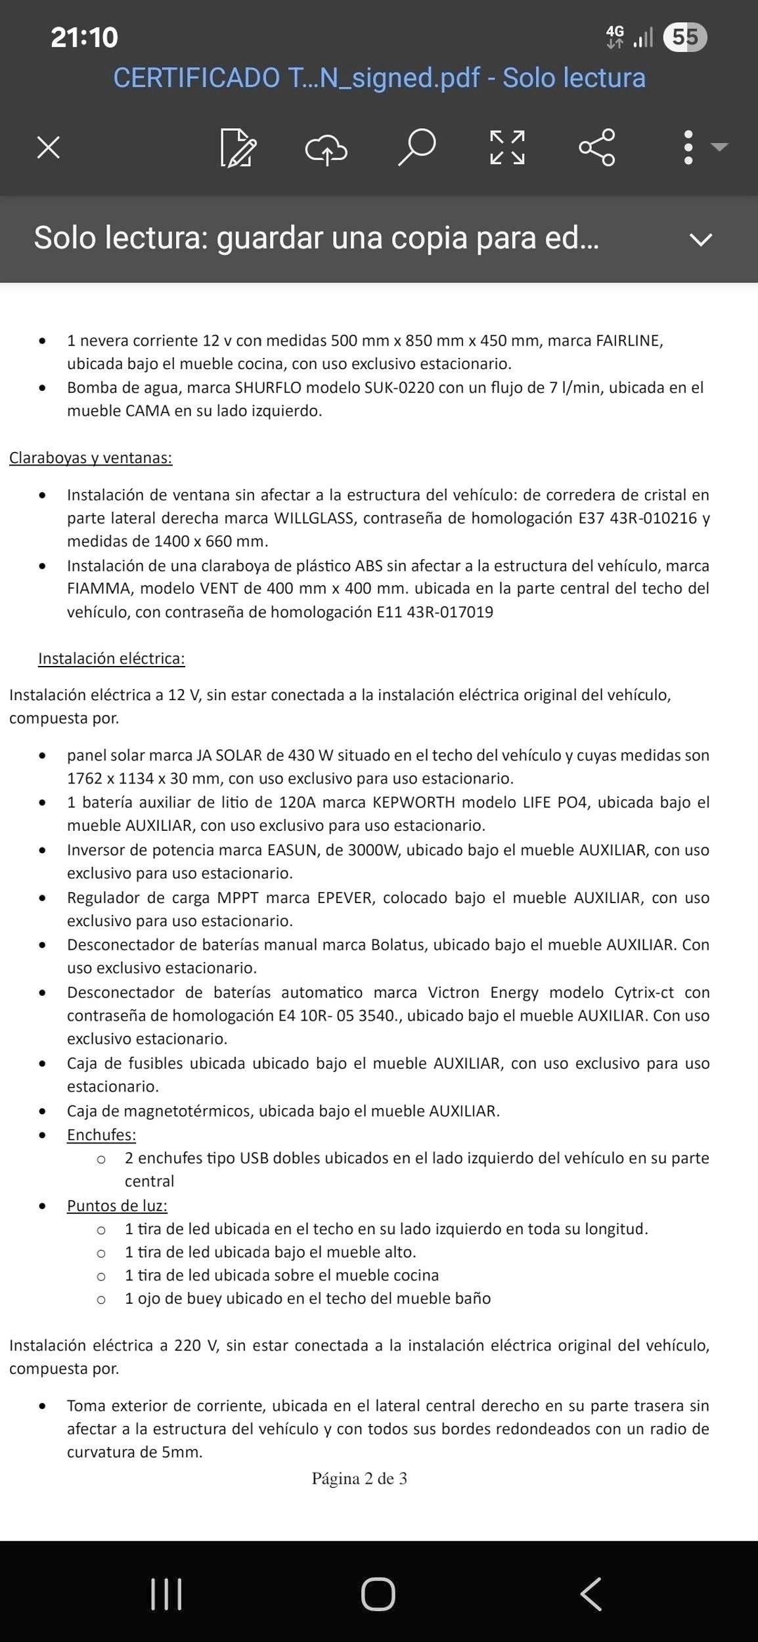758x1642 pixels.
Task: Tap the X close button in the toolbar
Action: (49, 147)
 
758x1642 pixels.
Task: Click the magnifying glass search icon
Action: (416, 147)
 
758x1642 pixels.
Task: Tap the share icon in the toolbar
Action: (596, 147)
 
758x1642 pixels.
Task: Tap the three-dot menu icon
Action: (688, 147)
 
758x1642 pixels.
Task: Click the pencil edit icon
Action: (238, 148)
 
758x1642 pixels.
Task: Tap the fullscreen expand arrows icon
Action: (507, 147)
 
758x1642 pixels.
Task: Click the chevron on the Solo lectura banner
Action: (701, 239)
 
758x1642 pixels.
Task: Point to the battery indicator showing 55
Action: (684, 37)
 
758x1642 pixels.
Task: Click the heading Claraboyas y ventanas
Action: (91, 458)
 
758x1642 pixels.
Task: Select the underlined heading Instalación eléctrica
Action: (112, 658)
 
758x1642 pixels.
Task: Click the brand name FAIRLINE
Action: (629, 340)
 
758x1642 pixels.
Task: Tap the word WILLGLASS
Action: (314, 518)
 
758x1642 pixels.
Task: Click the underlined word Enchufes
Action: (101, 1134)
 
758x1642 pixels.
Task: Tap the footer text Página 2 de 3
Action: (359, 1478)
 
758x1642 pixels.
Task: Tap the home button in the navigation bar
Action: (378, 1594)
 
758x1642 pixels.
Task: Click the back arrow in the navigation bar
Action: (591, 1594)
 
